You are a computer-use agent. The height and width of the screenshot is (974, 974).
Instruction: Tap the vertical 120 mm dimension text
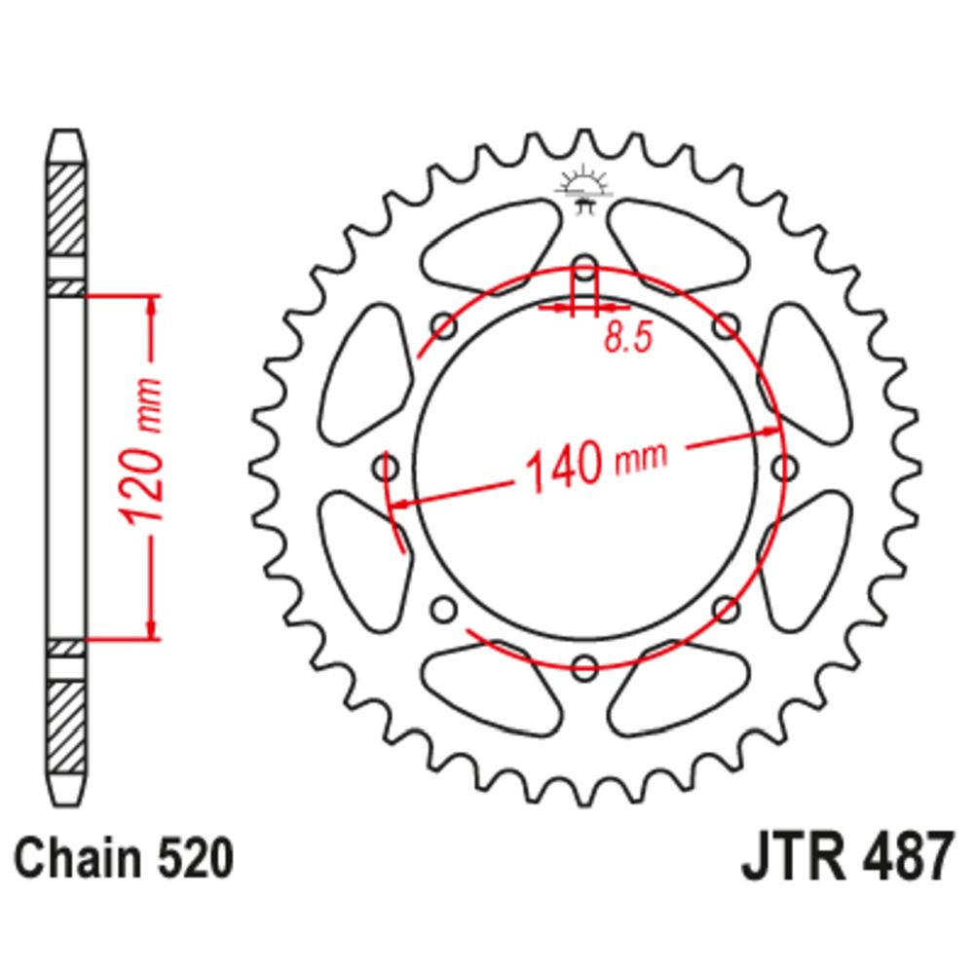point(141,450)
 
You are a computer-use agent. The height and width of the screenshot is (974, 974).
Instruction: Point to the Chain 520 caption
point(124,858)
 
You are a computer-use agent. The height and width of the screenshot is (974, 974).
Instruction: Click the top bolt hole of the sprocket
point(584,269)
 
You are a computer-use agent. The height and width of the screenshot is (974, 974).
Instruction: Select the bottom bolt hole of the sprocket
point(584,667)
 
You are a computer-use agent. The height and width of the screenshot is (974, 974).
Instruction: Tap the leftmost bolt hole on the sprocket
point(386,468)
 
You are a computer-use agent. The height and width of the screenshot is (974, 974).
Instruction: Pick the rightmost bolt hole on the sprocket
point(784,468)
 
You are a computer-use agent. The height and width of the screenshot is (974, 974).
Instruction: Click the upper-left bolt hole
point(443,326)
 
